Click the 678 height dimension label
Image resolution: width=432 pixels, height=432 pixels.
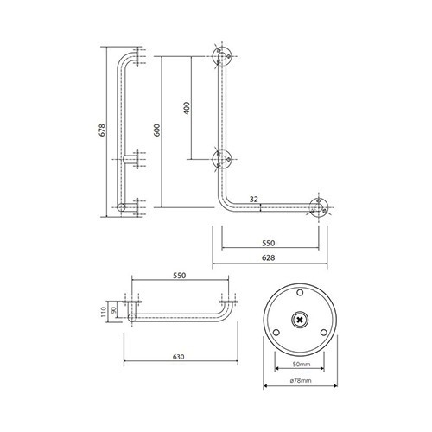pos(103,130)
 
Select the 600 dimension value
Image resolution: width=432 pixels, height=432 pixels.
pos(157,130)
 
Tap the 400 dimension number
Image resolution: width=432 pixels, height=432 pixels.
pos(187,108)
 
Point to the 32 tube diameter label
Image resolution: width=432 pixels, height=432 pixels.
pos(254,199)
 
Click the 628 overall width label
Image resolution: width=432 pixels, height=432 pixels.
pos(269,257)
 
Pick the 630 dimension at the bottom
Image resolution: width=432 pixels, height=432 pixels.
pos(179,357)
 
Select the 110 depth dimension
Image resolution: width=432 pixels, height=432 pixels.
pos(104,311)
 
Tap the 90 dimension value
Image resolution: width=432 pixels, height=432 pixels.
pos(113,310)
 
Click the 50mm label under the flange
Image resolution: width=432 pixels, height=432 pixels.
pos(302,365)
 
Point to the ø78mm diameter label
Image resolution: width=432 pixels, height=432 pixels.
pos(301,381)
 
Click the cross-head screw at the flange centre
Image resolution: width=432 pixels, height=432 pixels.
pos(300,320)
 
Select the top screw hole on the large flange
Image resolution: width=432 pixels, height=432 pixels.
pos(300,293)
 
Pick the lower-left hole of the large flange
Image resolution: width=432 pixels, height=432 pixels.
pos(276,333)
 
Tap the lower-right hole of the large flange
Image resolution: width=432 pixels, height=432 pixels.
pos(324,333)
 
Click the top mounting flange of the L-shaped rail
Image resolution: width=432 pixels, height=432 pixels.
pos(222,56)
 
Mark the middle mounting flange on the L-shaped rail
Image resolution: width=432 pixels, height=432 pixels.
pos(222,159)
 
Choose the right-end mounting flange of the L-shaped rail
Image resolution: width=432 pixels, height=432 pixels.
pos(319,207)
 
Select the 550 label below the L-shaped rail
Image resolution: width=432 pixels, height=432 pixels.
pos(269,243)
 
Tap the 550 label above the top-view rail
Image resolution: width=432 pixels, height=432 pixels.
pos(180,276)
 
